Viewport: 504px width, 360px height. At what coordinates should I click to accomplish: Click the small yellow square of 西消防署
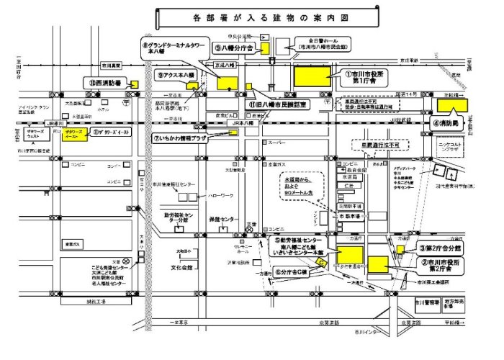pos(135,84)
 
